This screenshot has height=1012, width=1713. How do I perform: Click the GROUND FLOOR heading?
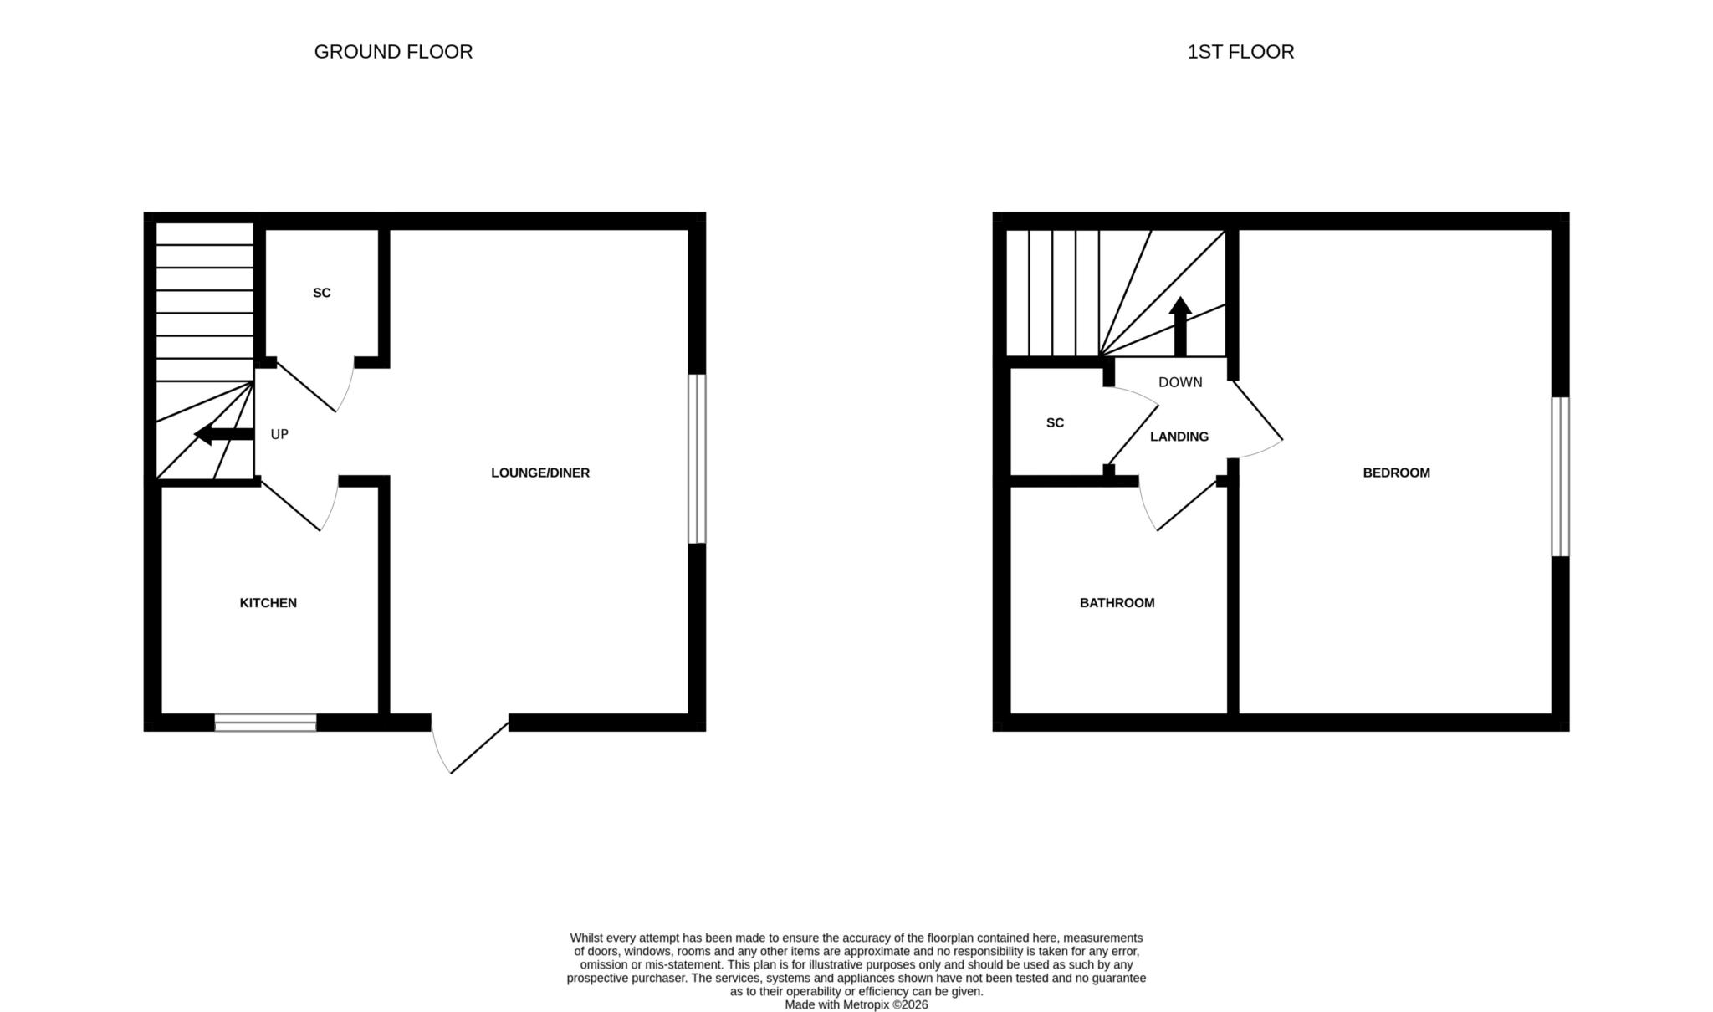[393, 52]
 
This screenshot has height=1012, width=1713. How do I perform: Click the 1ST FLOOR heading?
[1240, 52]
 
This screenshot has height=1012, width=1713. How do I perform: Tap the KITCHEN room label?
[268, 603]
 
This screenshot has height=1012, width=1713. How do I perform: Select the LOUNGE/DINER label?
[540, 473]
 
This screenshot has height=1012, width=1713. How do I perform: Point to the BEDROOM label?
[1397, 473]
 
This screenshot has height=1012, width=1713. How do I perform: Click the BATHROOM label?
[1117, 603]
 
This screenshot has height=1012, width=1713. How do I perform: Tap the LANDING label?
[1179, 437]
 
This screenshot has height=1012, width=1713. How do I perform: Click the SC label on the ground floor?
[322, 293]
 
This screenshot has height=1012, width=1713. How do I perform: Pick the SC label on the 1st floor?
[1056, 423]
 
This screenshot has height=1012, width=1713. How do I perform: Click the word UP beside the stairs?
[279, 435]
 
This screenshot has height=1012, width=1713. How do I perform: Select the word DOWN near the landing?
[1180, 382]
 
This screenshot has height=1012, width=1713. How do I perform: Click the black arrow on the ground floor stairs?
[223, 434]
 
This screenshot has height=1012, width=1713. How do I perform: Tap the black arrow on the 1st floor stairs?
[1180, 326]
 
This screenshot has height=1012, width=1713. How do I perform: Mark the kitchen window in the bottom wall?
[266, 723]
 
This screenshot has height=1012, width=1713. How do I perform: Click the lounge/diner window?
[698, 458]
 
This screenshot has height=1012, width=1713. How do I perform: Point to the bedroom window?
[1561, 477]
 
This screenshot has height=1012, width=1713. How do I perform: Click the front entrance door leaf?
[479, 748]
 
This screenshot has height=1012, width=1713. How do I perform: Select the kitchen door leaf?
[290, 505]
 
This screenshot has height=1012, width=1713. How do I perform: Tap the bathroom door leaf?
[1188, 505]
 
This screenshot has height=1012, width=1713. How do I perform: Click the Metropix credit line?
[856, 1005]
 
